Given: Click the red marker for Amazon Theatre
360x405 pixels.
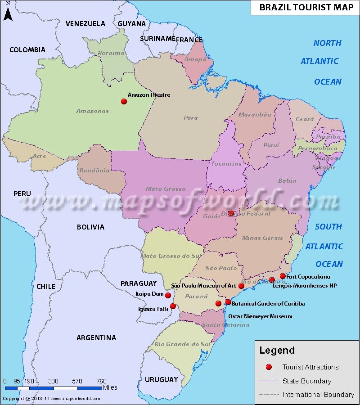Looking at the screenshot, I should (x=124, y=102).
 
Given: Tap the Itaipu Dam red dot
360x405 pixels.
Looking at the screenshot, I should (x=168, y=296).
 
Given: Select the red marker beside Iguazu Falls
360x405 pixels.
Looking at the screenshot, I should (x=173, y=306).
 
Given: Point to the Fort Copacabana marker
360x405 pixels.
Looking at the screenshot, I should (x=283, y=276).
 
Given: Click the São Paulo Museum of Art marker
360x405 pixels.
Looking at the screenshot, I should (x=241, y=286).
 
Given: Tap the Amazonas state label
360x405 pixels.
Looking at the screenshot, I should (x=92, y=111).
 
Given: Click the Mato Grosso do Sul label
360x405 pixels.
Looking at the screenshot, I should (x=172, y=256).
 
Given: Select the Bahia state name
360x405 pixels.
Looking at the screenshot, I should (x=287, y=181).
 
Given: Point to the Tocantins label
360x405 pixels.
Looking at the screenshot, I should (x=226, y=164).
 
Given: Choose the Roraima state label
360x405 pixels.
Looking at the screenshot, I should (x=111, y=53).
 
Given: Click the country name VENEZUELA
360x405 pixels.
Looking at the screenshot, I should (x=85, y=23).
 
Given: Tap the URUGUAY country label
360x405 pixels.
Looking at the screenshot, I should (x=162, y=380).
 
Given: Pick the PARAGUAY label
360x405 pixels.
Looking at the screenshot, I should (x=139, y=283).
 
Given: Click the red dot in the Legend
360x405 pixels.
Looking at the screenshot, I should (x=269, y=367).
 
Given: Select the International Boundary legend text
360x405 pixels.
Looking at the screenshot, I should (x=318, y=395).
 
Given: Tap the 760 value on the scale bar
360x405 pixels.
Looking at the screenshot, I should (x=101, y=381).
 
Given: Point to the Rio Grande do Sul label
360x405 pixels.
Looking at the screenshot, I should (x=182, y=344).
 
